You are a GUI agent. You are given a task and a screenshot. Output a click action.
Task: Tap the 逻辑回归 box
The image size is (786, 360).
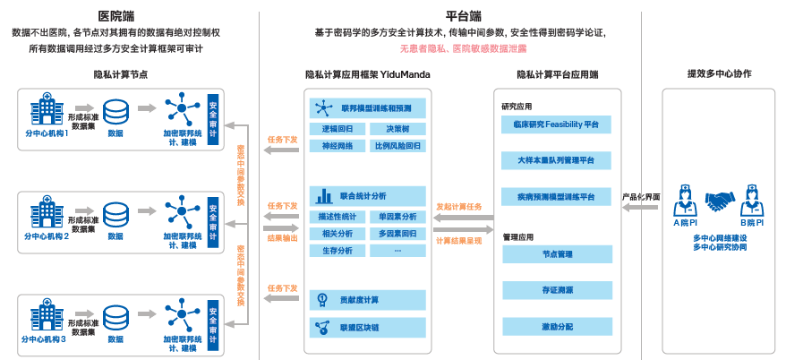337,129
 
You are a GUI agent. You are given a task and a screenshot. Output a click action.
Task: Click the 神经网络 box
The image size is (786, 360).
337,144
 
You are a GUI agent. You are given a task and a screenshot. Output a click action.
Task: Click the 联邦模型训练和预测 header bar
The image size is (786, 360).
367,108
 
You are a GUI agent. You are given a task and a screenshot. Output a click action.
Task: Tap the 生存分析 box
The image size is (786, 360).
337,250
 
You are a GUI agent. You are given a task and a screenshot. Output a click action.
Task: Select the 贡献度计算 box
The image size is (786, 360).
367,299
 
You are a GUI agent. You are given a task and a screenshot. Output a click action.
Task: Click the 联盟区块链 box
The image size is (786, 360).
367,328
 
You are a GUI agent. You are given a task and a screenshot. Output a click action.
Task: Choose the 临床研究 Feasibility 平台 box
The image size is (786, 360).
556,124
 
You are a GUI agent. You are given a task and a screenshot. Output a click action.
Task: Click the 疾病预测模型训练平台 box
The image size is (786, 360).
556,196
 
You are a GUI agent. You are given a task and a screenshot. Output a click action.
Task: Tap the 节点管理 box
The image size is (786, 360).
556,255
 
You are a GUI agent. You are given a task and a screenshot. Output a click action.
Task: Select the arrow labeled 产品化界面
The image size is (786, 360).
641,208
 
